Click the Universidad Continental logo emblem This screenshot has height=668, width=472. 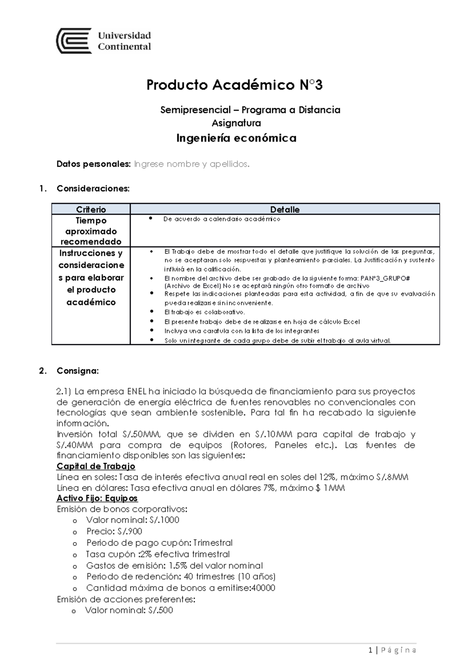[74, 41]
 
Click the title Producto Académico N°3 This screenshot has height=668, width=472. [234, 85]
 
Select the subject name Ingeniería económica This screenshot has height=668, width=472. [236, 138]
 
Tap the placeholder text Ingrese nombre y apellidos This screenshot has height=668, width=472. [192, 164]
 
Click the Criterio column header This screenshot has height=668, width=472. [91, 209]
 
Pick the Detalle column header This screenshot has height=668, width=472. [285, 209]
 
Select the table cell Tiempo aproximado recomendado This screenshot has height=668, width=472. [91, 231]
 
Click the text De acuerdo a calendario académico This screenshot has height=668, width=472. [221, 219]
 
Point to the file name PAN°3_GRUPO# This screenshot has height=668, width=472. [385, 278]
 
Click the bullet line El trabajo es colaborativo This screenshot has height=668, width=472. [204, 312]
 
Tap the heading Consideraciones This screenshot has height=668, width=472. [93, 188]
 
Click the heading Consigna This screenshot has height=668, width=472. [77, 371]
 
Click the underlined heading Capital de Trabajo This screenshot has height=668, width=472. [96, 466]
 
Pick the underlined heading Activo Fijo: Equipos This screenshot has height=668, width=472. [97, 498]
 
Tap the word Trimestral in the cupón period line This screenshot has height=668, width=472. [213, 543]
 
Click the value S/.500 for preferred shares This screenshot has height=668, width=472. [160, 611]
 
